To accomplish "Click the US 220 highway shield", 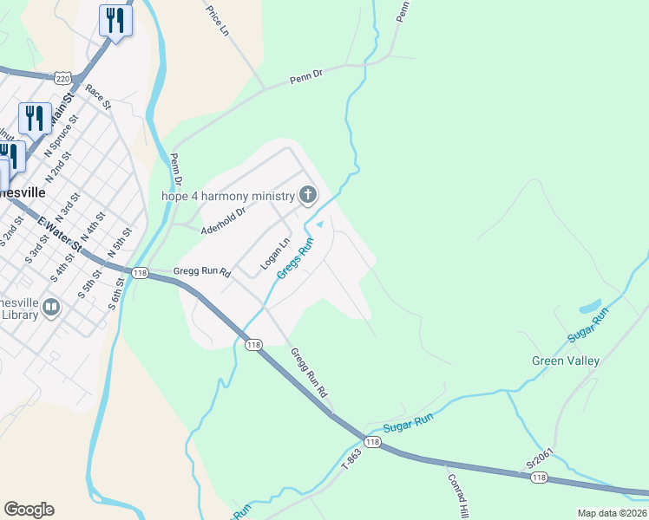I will (x=62, y=78).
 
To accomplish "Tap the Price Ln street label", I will (x=218, y=21).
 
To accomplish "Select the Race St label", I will (x=99, y=97).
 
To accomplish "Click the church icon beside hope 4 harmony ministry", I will (x=307, y=196).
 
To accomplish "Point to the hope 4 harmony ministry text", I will (x=228, y=195).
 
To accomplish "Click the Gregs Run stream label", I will (x=295, y=259).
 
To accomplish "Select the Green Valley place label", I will (x=565, y=361).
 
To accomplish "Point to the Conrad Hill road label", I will (x=458, y=491).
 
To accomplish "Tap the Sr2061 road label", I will (x=540, y=459).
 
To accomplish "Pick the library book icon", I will (x=51, y=308).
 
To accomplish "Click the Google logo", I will (x=29, y=510).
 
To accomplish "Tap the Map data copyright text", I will (x=611, y=513).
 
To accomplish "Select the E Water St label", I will (x=58, y=233).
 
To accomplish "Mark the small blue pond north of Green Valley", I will (x=590, y=307).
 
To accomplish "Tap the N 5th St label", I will (x=119, y=243).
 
